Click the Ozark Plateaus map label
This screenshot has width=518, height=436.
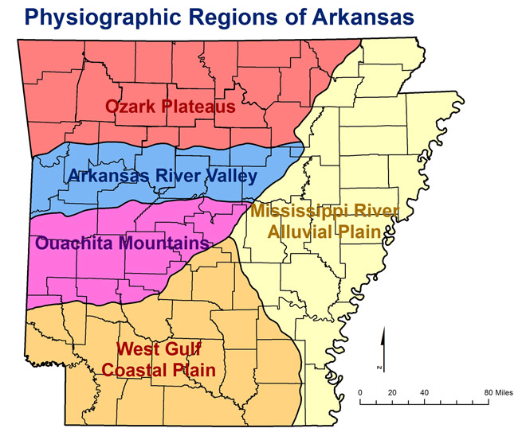pyautogui.click(x=170, y=106)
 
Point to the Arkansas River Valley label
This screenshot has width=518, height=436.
pyautogui.click(x=163, y=176)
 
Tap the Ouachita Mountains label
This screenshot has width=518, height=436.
pyautogui.click(x=121, y=242)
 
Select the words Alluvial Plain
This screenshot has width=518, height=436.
pyautogui.click(x=327, y=232)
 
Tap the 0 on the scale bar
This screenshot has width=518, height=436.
pyautogui.click(x=360, y=393)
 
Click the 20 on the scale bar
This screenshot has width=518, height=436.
pyautogui.click(x=392, y=393)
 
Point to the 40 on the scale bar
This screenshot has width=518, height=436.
pyautogui.click(x=424, y=393)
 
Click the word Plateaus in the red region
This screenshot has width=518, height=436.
pyautogui.click(x=200, y=106)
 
